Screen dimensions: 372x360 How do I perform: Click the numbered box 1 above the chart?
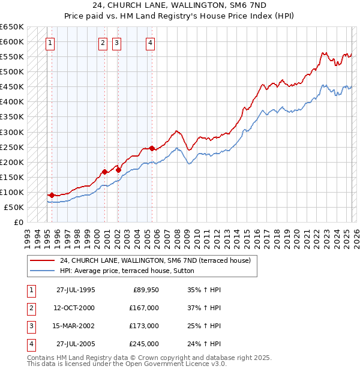(x=50, y=43)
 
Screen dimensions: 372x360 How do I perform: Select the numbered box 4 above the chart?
(x=150, y=43)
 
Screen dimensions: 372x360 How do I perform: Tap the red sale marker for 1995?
(x=52, y=195)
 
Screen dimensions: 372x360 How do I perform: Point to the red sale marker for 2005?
(x=152, y=148)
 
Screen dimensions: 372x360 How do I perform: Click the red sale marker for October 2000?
(x=104, y=172)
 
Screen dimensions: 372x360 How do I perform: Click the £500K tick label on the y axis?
(x=12, y=72)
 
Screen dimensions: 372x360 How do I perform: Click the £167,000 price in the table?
(x=145, y=308)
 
